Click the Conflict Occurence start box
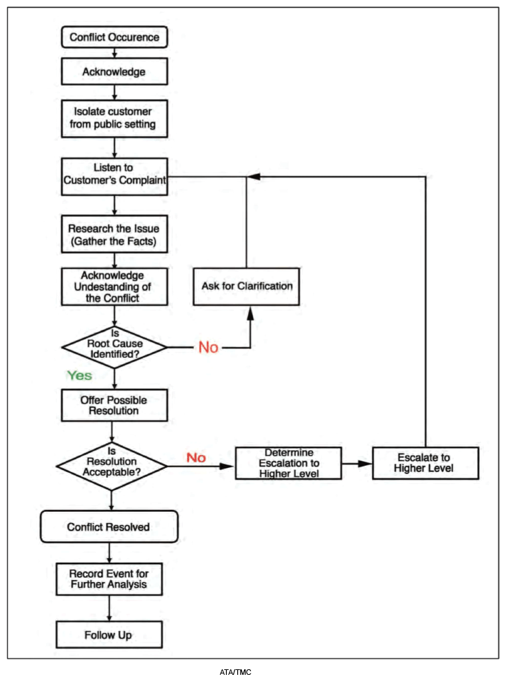[114, 37]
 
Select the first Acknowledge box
[114, 71]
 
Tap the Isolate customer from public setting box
[114, 119]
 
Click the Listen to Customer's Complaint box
[114, 177]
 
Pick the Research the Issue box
[114, 234]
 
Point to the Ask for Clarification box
[246, 286]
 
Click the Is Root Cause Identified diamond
[114, 348]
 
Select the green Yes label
[80, 375]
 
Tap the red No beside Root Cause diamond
[208, 348]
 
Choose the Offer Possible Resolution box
[114, 405]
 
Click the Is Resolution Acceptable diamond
[111, 466]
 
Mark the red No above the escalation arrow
[196, 458]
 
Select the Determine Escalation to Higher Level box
[288, 463]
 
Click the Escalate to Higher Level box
[426, 463]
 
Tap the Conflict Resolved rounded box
[109, 526]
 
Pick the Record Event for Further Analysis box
[109, 579]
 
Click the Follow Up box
[109, 634]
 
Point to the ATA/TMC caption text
[235, 672]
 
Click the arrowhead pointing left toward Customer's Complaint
[254, 177]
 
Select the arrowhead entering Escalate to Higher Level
[365, 463]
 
